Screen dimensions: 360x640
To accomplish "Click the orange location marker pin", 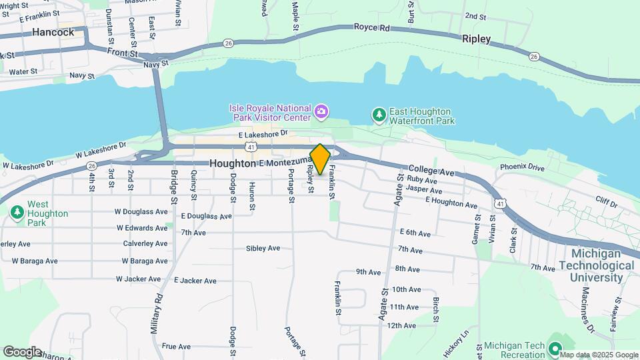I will [320, 159].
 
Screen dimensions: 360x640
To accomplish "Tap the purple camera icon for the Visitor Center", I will [321, 111].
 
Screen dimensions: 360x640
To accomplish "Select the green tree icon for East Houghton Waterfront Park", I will [379, 115].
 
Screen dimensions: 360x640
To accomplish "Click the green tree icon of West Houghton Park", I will [17, 213].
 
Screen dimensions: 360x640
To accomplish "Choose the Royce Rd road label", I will [371, 28].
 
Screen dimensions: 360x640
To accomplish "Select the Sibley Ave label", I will [263, 249].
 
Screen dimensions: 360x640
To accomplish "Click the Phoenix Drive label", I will [523, 167].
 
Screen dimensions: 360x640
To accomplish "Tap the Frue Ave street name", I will [176, 347].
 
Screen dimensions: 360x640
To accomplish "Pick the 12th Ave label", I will [401, 325].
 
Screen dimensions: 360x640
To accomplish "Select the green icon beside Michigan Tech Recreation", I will [553, 348].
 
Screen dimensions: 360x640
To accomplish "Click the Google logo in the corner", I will [21, 351].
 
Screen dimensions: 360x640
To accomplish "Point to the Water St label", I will [23, 71].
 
